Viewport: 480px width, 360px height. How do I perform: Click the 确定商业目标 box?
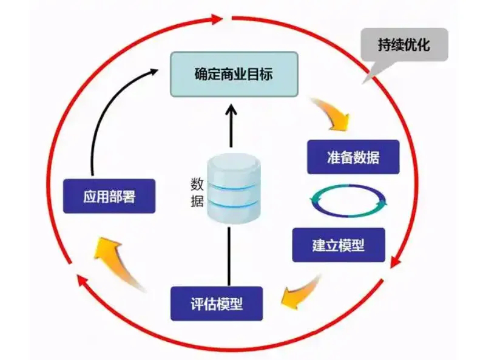tap(234, 74)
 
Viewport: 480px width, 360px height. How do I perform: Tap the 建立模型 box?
tap(338, 245)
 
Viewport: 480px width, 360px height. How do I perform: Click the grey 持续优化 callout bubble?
tap(404, 45)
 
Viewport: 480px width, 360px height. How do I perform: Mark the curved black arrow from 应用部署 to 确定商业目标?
tap(106, 115)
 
